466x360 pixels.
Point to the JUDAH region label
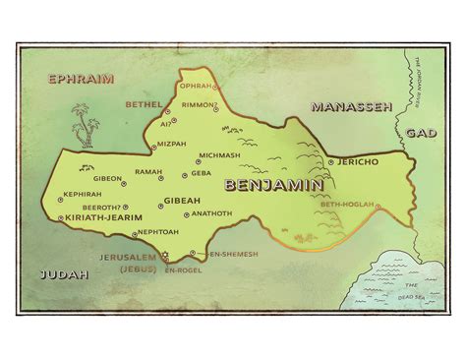[x=62, y=274]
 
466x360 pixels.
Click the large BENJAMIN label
[x=271, y=184]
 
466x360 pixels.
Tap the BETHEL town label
[x=145, y=103]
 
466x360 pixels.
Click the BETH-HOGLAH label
[x=348, y=204]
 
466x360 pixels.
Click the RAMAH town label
[x=148, y=171]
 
